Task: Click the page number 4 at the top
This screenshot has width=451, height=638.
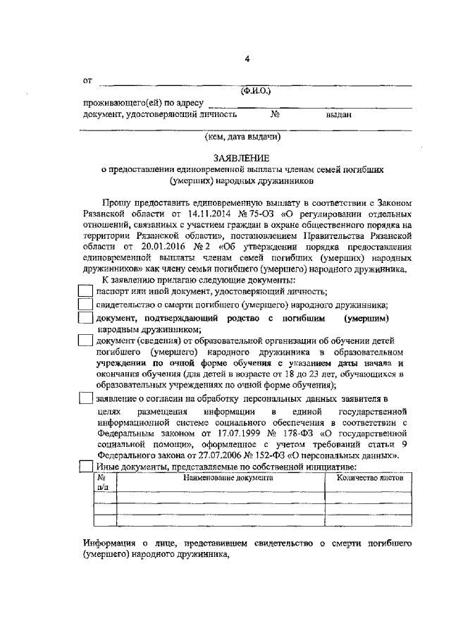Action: (x=247, y=59)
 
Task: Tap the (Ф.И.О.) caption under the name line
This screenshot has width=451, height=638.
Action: (x=256, y=91)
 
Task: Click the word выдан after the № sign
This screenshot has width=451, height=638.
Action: (x=338, y=114)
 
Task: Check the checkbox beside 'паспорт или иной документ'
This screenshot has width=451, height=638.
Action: (x=85, y=291)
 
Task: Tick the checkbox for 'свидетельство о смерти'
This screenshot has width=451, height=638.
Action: (x=85, y=305)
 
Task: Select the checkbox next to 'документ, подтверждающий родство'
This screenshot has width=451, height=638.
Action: (x=85, y=319)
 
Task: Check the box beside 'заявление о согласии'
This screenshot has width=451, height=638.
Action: (x=85, y=400)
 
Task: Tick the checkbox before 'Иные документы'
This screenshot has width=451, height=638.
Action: (x=85, y=467)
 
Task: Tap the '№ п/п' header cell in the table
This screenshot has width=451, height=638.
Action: (x=102, y=481)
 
